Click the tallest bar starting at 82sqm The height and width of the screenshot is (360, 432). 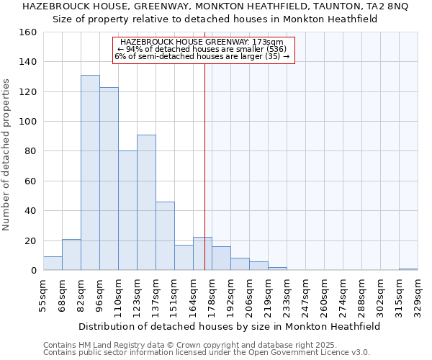90,173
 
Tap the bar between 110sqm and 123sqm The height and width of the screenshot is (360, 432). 127,210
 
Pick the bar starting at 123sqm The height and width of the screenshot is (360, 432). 146,202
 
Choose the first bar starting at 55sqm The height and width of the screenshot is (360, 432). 53,264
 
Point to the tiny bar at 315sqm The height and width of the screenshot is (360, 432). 408,269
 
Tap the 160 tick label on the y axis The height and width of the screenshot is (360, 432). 28,32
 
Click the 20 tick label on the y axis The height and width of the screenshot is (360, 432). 31,240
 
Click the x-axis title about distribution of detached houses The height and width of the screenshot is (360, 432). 229,326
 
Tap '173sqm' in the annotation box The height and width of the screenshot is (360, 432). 270,42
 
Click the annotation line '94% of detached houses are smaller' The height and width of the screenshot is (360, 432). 204,49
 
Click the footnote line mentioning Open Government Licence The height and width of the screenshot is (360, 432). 207,353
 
